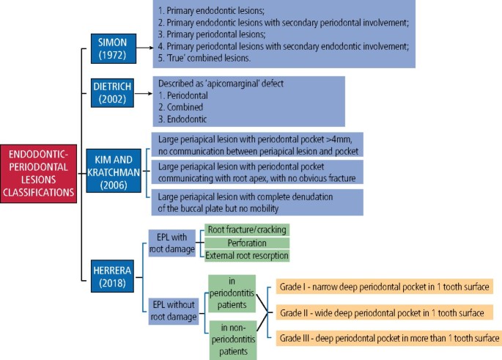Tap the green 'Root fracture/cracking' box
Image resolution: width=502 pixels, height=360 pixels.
click(x=246, y=230)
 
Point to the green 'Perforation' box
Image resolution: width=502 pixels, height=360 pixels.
click(x=246, y=243)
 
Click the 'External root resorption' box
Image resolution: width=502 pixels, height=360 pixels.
click(x=246, y=255)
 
